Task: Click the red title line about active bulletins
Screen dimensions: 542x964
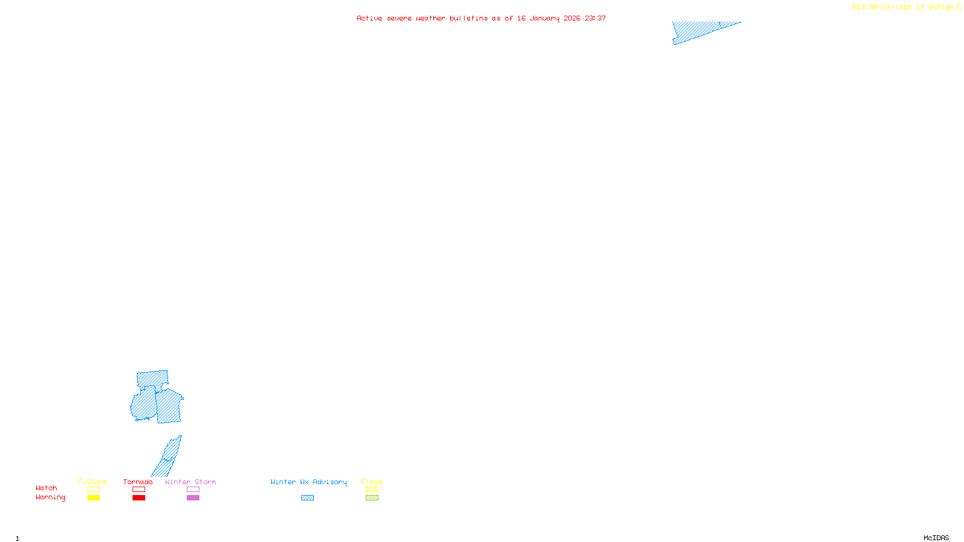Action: tap(481, 18)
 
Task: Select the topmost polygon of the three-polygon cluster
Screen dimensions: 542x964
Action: tap(152, 379)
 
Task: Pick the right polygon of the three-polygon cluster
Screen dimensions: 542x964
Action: tap(169, 406)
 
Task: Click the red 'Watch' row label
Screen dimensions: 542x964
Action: tap(46, 488)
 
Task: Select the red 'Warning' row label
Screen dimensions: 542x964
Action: tap(50, 497)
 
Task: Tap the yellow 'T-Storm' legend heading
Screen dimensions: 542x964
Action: tap(93, 482)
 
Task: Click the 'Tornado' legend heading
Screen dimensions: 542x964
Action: tap(138, 482)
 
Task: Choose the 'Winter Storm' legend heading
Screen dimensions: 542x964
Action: tap(190, 482)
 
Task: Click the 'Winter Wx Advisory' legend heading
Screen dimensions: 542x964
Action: tap(308, 482)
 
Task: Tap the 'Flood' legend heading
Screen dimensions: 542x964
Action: tap(372, 482)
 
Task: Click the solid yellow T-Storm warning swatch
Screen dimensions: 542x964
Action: tap(93, 498)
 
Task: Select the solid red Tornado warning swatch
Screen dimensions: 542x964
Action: tap(139, 498)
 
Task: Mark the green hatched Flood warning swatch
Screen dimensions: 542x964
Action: tap(372, 498)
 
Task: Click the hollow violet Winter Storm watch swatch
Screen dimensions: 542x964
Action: tap(193, 490)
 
